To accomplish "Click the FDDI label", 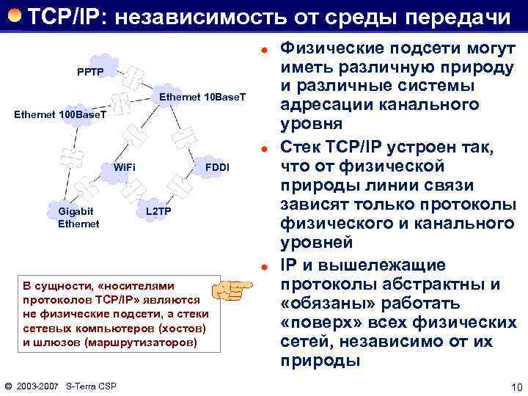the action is (x=217, y=168).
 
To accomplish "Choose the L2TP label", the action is (x=159, y=212).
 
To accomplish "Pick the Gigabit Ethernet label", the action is (x=78, y=218).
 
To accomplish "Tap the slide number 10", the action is (x=514, y=386).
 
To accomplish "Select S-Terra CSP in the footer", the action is (x=92, y=386).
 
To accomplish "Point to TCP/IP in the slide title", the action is (x=62, y=15).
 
